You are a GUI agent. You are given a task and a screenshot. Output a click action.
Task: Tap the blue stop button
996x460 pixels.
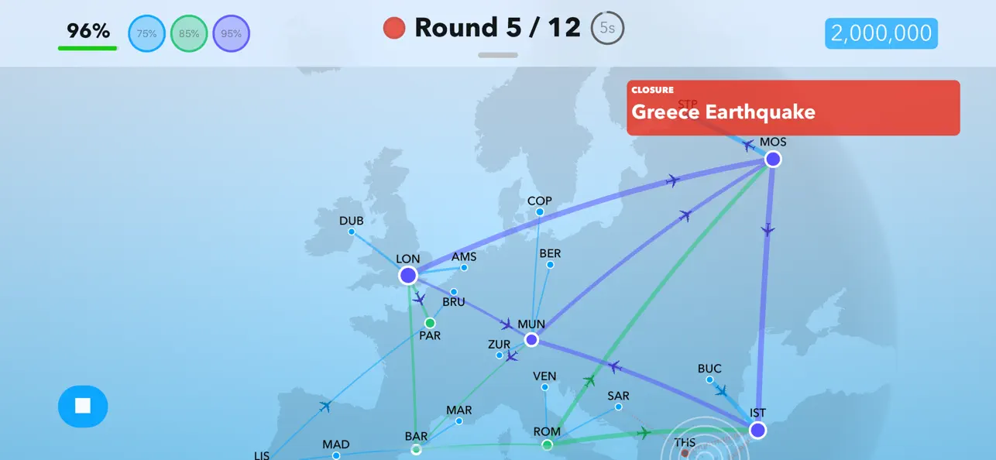pyautogui.click(x=83, y=406)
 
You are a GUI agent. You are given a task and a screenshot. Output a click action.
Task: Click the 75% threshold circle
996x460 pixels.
pyautogui.click(x=146, y=34)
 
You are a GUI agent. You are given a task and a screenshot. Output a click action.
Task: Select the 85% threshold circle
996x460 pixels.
pyautogui.click(x=189, y=34)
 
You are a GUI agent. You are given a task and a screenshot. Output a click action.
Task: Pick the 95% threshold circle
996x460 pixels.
pyautogui.click(x=232, y=34)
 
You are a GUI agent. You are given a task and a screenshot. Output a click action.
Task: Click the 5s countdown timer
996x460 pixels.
pyautogui.click(x=608, y=29)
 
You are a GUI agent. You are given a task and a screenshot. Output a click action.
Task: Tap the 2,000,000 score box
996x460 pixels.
pyautogui.click(x=881, y=33)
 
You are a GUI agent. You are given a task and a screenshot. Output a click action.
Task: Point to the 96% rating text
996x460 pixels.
pyautogui.click(x=88, y=31)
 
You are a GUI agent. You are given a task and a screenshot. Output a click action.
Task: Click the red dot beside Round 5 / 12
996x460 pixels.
pyautogui.click(x=394, y=29)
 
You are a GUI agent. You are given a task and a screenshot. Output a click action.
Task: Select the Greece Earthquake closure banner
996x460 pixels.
pyautogui.click(x=793, y=108)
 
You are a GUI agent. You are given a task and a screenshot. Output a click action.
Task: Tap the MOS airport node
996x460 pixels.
pyautogui.click(x=773, y=160)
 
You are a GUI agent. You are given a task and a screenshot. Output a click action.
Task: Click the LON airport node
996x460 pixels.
pyautogui.click(x=408, y=276)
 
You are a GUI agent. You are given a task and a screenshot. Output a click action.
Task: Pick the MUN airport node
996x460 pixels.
pyautogui.click(x=531, y=340)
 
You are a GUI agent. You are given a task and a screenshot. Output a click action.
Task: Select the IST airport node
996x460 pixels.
pyautogui.click(x=757, y=431)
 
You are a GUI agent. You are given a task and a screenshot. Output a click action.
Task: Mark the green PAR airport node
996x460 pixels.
pyautogui.click(x=430, y=323)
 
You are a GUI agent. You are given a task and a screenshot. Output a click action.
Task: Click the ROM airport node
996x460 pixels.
pyautogui.click(x=547, y=445)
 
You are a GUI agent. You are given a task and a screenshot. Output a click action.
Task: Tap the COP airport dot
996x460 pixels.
pyautogui.click(x=540, y=212)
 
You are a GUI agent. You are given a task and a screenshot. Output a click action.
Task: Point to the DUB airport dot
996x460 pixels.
pyautogui.click(x=352, y=232)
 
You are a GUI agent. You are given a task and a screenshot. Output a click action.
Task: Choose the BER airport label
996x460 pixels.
pyautogui.click(x=550, y=253)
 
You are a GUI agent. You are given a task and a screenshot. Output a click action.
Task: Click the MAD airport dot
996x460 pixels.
pyautogui.click(x=336, y=455)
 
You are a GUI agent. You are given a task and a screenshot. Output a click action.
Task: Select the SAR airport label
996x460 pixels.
pyautogui.click(x=618, y=396)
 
